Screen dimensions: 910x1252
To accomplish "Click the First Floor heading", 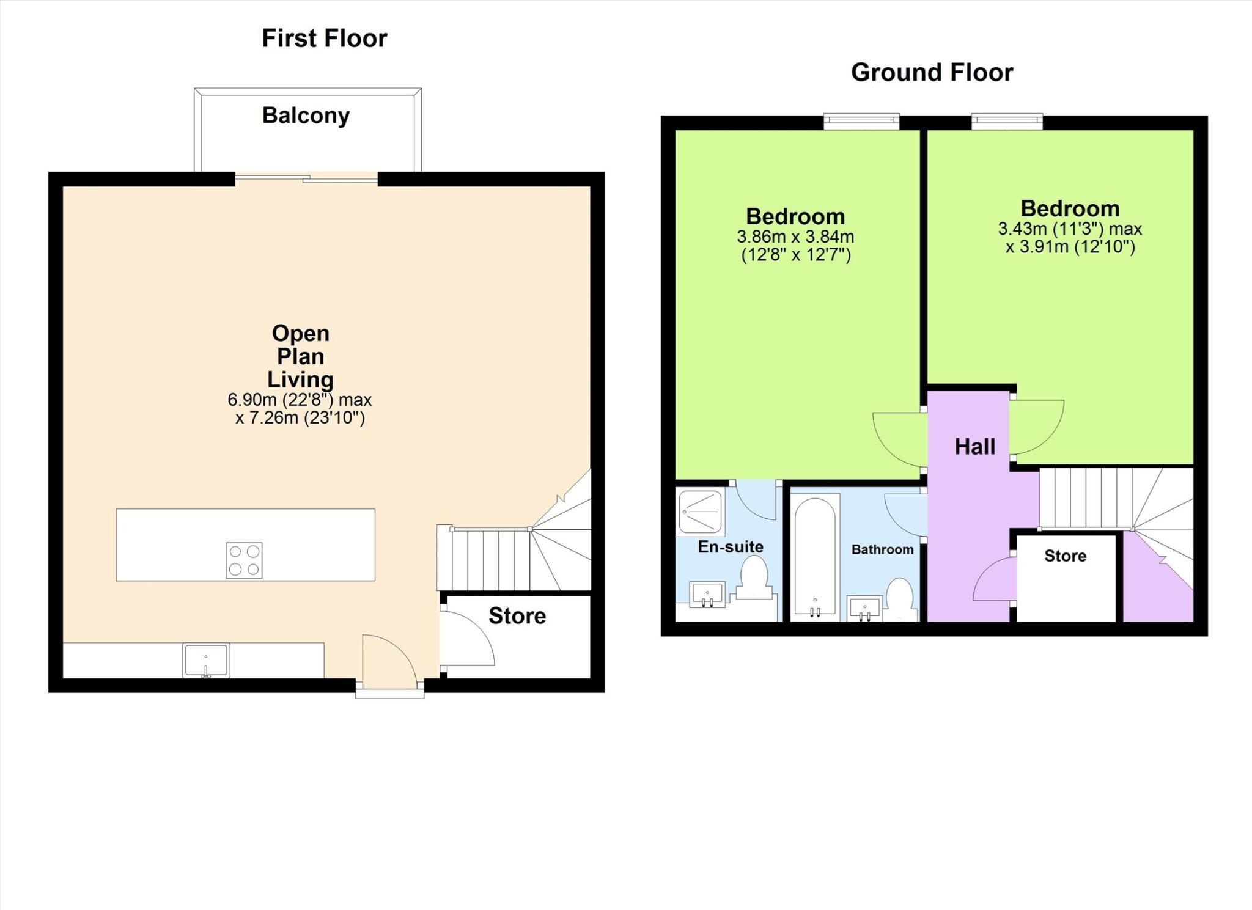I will (324, 39).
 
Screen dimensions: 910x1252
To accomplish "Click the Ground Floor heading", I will (932, 73).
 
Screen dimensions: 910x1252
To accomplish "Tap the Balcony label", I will (306, 116).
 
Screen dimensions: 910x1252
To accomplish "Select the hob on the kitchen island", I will (245, 560).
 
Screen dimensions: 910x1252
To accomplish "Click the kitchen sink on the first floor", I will (206, 660).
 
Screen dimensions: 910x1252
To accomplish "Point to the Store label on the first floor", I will (517, 616).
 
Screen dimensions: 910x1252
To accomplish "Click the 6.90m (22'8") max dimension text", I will (300, 400).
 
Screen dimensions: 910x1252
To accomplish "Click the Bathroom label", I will (882, 549).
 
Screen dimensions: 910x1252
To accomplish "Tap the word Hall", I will (975, 447).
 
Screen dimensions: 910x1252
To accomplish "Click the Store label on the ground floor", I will (1065, 556).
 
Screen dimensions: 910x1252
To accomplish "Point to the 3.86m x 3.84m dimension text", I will (795, 237).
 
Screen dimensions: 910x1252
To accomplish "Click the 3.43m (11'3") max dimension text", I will (1070, 229).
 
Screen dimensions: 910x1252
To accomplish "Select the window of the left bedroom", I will (861, 121).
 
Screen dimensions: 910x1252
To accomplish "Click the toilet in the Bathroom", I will (899, 598).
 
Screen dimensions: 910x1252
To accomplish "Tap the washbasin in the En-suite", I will (707, 594).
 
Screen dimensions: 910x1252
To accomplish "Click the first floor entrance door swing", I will (388, 660).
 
